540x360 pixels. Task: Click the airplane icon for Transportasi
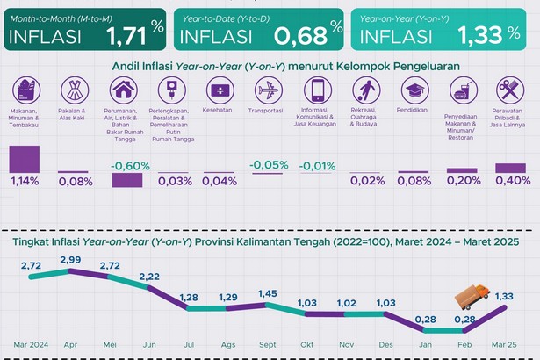(x=269, y=90)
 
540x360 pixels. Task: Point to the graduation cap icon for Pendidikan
(x=414, y=90)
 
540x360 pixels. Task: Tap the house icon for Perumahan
(x=123, y=90)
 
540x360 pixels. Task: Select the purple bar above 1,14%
(x=25, y=159)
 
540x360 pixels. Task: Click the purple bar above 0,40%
(x=510, y=168)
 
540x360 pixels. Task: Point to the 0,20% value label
(x=463, y=181)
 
